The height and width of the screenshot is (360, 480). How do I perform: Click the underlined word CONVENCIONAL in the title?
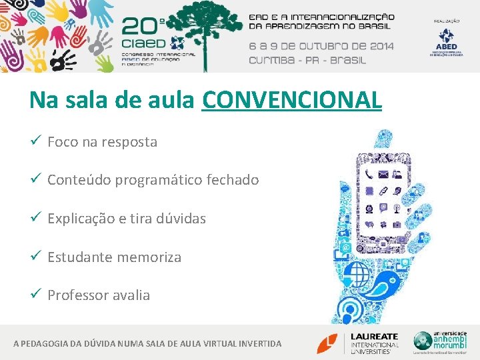point(291,101)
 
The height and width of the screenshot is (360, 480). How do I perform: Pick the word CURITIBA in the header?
point(273,59)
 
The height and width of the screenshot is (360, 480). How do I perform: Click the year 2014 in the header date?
point(379,46)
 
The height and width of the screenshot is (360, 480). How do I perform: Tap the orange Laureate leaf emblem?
point(327,343)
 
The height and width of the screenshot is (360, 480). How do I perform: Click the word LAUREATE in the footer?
point(375,336)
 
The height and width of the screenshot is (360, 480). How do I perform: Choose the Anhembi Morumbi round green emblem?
point(423,341)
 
